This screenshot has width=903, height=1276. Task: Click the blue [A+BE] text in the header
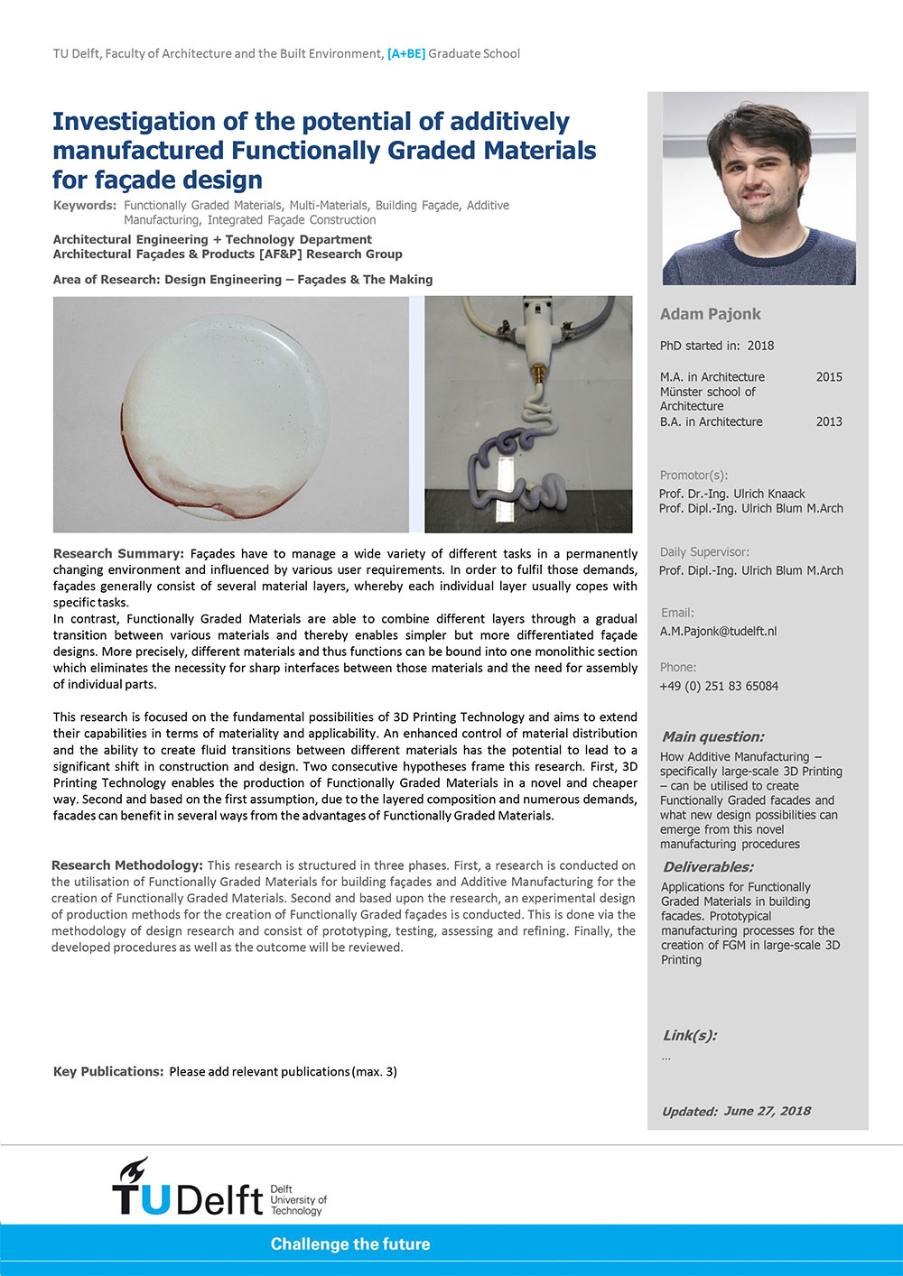click(x=405, y=54)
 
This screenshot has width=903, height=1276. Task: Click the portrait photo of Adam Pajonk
click(x=759, y=189)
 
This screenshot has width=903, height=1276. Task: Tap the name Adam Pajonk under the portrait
click(x=710, y=314)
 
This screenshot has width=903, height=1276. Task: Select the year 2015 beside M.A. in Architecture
click(x=828, y=377)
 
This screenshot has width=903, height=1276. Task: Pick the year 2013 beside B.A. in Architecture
click(x=828, y=421)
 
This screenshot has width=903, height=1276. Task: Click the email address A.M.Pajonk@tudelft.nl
click(x=718, y=632)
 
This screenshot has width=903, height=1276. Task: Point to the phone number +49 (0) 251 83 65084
click(x=719, y=686)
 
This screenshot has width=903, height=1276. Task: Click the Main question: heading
click(x=712, y=736)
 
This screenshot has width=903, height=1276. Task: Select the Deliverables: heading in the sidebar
click(x=707, y=867)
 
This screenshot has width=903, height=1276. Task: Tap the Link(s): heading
click(x=690, y=1035)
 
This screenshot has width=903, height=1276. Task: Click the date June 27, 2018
click(x=767, y=1111)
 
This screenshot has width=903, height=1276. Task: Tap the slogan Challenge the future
click(x=350, y=1244)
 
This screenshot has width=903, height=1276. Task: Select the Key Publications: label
click(x=108, y=1072)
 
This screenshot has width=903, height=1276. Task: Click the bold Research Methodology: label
click(x=127, y=865)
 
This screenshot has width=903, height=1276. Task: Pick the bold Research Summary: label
click(x=118, y=553)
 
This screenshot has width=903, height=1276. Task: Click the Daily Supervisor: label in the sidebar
click(x=704, y=552)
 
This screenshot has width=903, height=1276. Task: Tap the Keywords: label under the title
click(x=85, y=206)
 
